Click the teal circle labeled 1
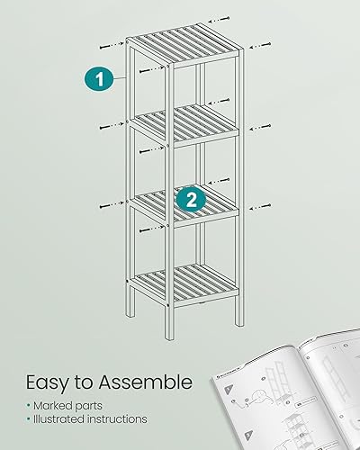point(101,78)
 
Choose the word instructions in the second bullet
point(126,418)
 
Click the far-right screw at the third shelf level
point(262,204)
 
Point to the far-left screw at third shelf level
point(105,205)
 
